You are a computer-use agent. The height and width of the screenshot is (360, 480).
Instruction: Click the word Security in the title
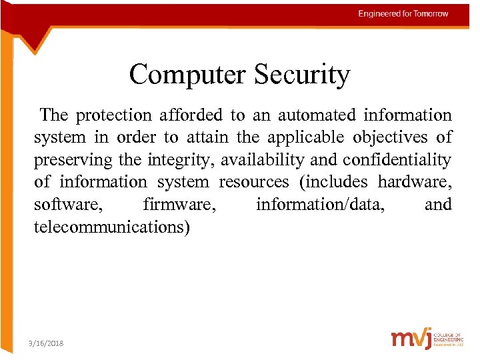tap(301, 74)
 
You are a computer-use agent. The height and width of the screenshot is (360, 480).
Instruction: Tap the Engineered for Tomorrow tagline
tap(403, 13)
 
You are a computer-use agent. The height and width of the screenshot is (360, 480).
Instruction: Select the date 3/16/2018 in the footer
tap(46, 343)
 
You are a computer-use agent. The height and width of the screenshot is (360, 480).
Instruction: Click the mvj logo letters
tap(411, 339)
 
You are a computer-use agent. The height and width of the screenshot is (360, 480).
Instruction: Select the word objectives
tap(393, 137)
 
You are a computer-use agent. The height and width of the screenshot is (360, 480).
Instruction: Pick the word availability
tap(258, 160)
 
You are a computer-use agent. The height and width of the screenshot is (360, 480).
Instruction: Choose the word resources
tap(254, 182)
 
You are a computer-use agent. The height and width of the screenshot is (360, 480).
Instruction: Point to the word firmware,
tap(179, 205)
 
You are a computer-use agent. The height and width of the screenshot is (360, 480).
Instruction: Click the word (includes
tap(333, 182)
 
